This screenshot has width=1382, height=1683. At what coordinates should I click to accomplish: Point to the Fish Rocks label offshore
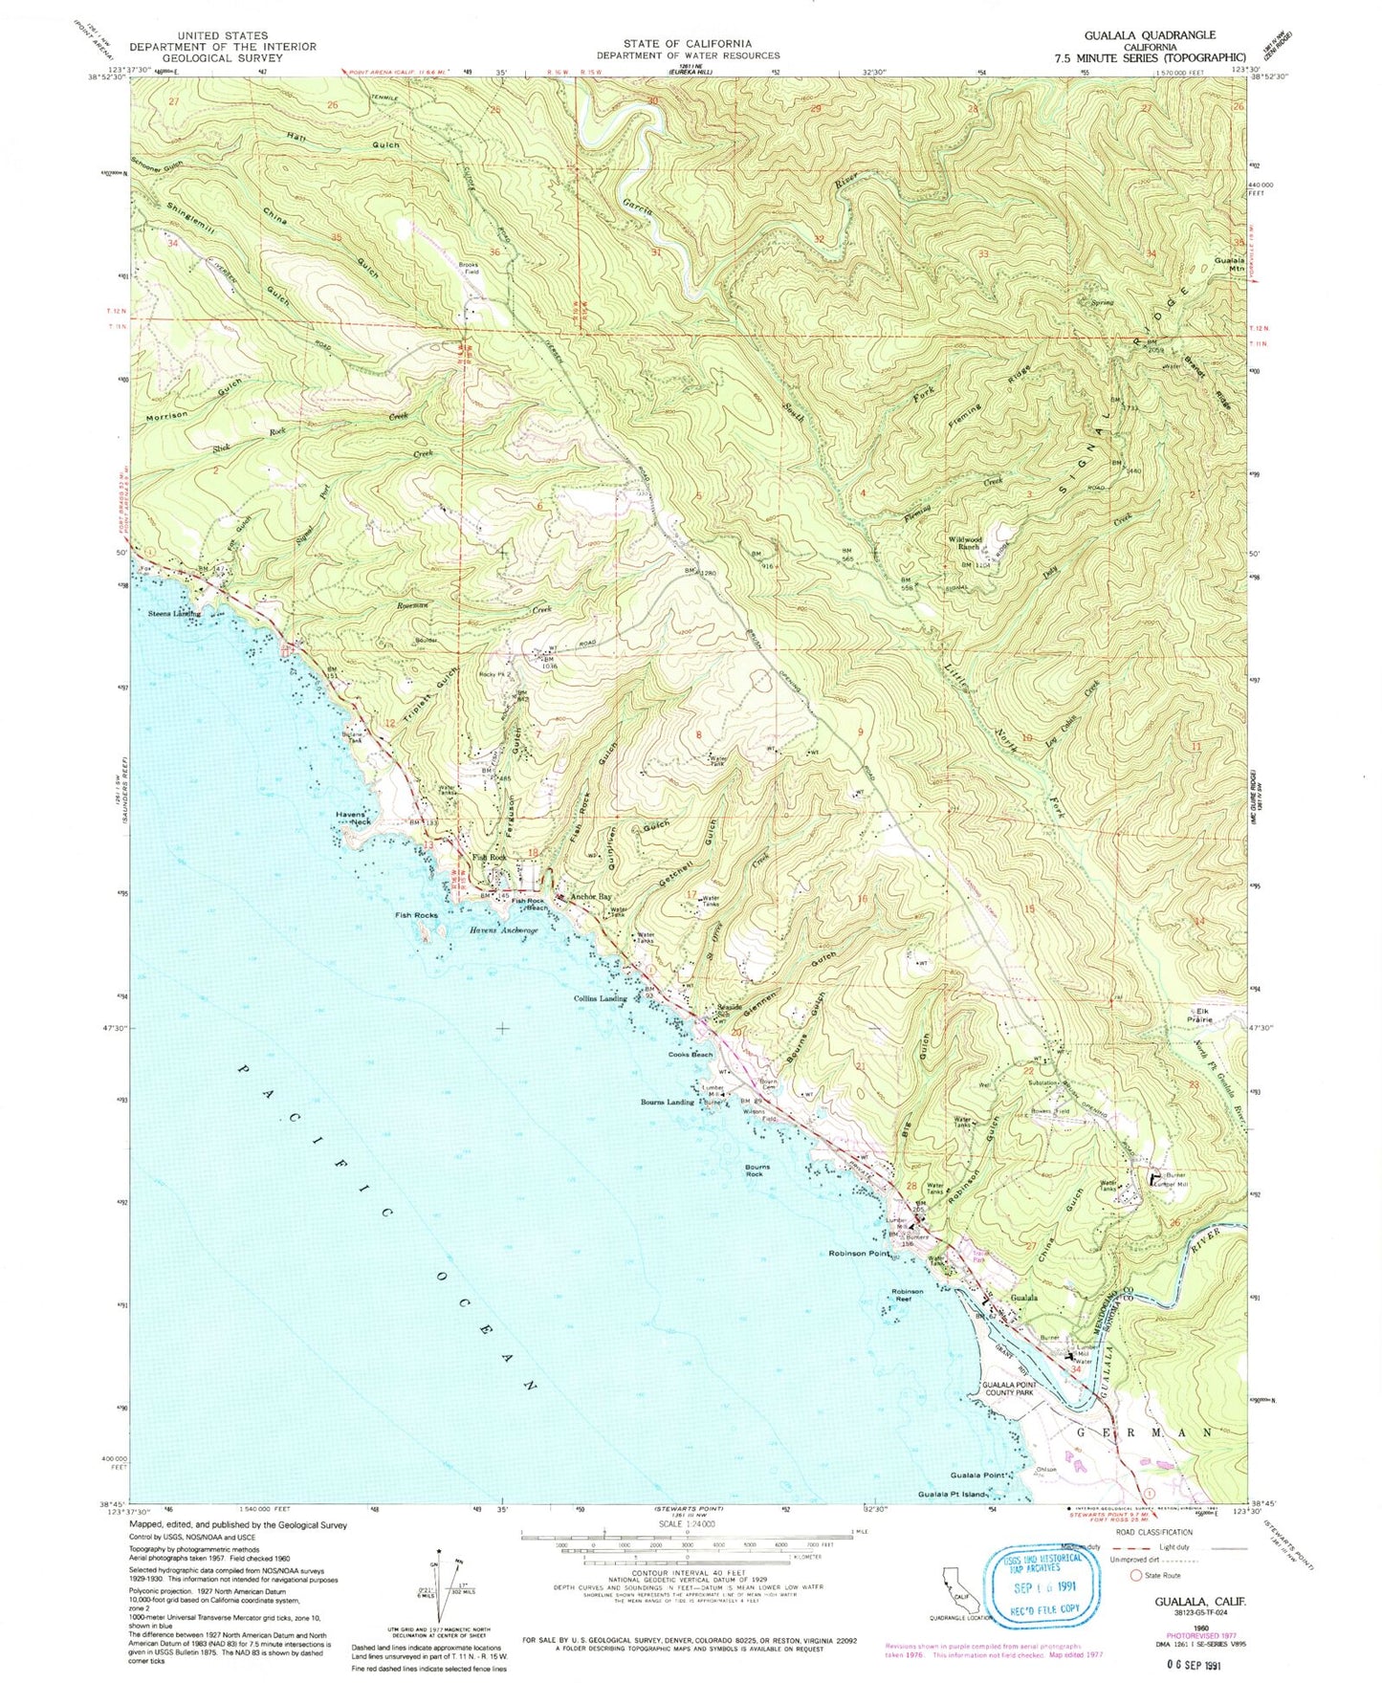point(416,915)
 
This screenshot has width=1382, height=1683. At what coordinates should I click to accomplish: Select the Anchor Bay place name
point(590,897)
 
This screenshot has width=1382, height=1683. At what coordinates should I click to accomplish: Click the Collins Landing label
point(600,998)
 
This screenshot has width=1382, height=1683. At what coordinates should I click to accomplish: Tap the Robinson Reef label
point(908,1297)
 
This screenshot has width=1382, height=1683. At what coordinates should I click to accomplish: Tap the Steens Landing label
point(175,613)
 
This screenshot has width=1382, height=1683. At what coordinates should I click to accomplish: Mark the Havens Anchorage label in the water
point(503,930)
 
